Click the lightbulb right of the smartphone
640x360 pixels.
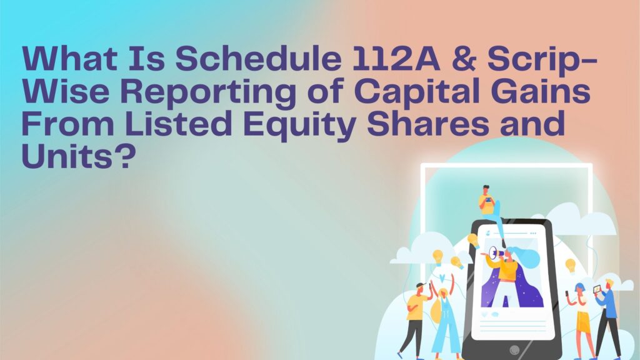[x=570, y=265]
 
